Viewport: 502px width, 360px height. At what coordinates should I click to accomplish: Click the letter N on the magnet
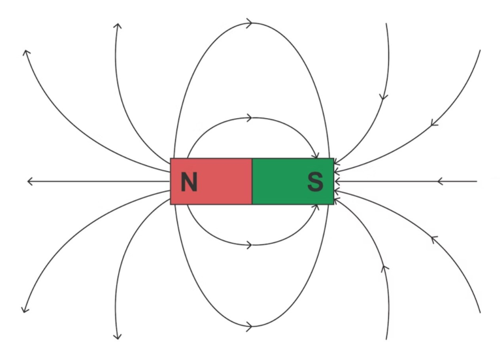pyautogui.click(x=189, y=182)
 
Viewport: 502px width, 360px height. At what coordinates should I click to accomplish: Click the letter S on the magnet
pyautogui.click(x=315, y=182)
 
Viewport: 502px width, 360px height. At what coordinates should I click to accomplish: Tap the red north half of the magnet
pyautogui.click(x=211, y=181)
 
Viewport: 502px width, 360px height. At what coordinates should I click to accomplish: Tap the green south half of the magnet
pyautogui.click(x=293, y=181)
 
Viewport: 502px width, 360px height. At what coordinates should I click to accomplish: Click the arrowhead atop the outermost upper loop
pyautogui.click(x=250, y=23)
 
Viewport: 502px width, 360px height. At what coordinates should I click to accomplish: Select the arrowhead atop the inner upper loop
pyautogui.click(x=250, y=118)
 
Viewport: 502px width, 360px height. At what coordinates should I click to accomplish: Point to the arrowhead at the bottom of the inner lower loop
pyautogui.click(x=250, y=246)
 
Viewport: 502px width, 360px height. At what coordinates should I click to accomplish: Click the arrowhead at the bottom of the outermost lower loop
pyautogui.click(x=250, y=327)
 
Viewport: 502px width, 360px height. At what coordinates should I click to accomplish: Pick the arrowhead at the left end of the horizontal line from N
pyautogui.click(x=31, y=182)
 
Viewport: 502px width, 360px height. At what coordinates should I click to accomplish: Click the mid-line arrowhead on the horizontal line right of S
pyautogui.click(x=441, y=182)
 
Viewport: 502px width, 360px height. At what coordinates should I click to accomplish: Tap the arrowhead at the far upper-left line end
pyautogui.click(x=27, y=53)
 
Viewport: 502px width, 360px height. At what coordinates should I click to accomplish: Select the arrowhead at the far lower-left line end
pyautogui.click(x=25, y=310)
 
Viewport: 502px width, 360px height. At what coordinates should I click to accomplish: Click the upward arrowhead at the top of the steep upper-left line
pyautogui.click(x=118, y=26)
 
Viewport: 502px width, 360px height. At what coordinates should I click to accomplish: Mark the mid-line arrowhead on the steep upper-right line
pyautogui.click(x=384, y=97)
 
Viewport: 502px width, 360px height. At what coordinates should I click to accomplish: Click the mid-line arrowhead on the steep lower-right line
pyautogui.click(x=385, y=269)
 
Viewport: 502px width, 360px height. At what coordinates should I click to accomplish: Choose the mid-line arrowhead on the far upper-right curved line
pyautogui.click(x=434, y=123)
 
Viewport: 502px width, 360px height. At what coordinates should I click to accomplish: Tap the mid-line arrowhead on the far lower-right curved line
pyautogui.click(x=434, y=239)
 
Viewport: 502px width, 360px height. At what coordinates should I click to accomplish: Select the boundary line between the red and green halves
pyautogui.click(x=252, y=181)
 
